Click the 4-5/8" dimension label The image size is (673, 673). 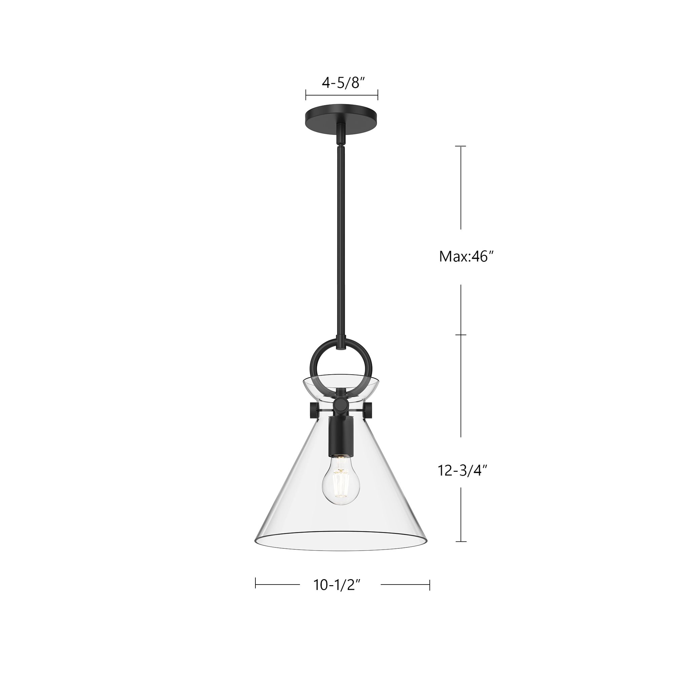point(343,83)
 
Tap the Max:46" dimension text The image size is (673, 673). point(466,257)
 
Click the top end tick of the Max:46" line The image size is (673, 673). point(461,146)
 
